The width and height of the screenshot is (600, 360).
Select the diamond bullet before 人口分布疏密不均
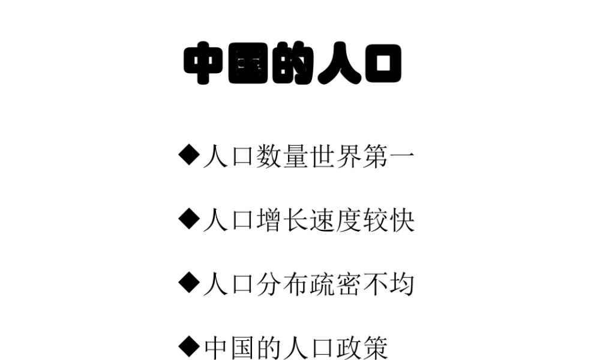[x=189, y=281]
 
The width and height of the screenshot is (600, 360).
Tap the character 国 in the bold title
[x=249, y=65]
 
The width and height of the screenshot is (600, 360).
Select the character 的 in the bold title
[x=292, y=65]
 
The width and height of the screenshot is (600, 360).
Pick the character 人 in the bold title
[x=336, y=65]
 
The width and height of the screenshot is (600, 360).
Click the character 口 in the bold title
[x=379, y=65]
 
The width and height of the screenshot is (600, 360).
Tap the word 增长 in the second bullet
[x=282, y=221]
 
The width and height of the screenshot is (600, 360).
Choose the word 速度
[x=335, y=221]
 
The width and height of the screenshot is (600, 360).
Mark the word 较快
[x=388, y=221]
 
